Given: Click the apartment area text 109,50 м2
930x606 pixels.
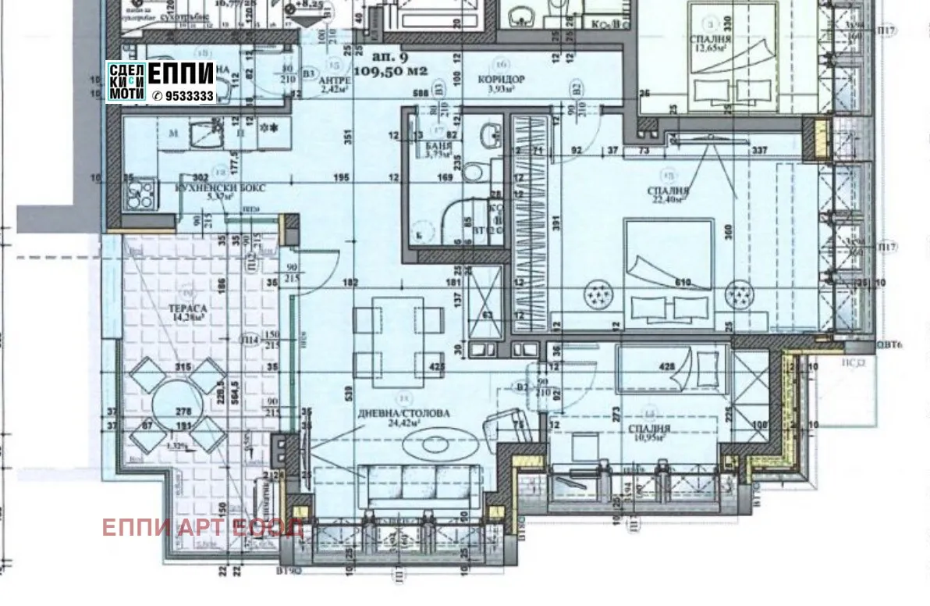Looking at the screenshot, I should pos(390,70).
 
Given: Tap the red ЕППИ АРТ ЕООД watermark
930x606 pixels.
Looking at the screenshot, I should pos(202,528).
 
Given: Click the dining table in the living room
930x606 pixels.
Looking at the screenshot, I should pos(398,330).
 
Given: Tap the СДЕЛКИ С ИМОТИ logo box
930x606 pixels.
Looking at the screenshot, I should pos(126,81).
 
